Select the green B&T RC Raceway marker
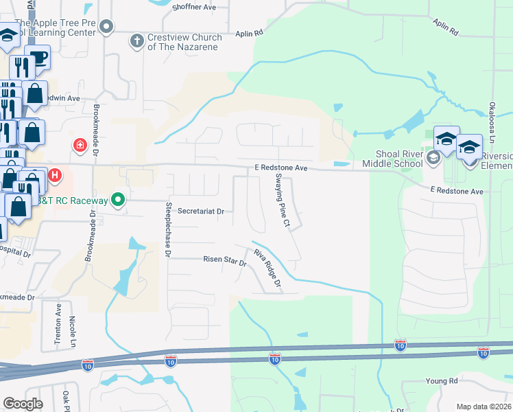coord(118,201)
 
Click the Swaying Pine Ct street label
coord(283,200)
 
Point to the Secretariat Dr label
coord(201,212)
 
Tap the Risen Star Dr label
coord(224,260)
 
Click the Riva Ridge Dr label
coord(268,268)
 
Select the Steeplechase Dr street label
coord(167,229)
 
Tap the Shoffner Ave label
coord(195,7)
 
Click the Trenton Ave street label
coord(58,323)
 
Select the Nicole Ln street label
coord(73,330)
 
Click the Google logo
coord(23,403)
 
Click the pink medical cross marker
coord(80,146)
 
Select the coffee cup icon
coord(38,58)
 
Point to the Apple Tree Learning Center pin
coord(106,27)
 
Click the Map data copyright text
coord(484,407)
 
